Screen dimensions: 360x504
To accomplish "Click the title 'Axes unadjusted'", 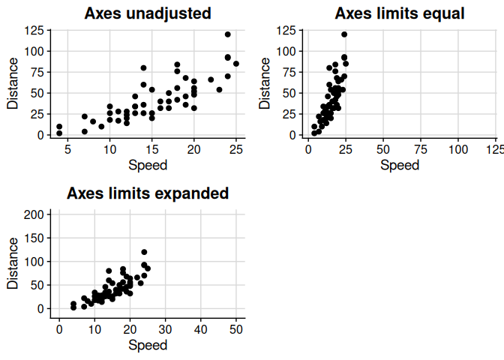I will click(x=147, y=13).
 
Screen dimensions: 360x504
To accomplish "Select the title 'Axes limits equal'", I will click(x=400, y=13).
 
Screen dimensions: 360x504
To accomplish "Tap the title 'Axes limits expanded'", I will click(x=148, y=193).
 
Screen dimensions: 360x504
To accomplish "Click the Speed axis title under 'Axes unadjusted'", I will click(x=148, y=165).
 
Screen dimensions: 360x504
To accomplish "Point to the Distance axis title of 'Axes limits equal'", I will click(x=264, y=83).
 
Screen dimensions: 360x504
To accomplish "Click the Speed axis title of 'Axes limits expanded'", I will click(x=148, y=345).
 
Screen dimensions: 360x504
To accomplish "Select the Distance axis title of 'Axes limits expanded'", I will click(x=12, y=263).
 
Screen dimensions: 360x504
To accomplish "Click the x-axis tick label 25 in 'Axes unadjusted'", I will click(x=236, y=150).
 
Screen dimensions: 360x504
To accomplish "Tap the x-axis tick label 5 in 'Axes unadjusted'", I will click(x=67, y=150).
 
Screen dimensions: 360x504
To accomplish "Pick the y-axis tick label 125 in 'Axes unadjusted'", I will click(x=33, y=31).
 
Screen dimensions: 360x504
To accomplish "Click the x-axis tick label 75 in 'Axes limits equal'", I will click(x=421, y=150).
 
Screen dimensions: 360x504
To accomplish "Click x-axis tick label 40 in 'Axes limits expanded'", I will click(x=200, y=330).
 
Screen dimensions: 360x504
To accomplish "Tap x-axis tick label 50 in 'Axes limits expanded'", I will click(x=235, y=330).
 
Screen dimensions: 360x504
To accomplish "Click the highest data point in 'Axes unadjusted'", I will click(x=228, y=34).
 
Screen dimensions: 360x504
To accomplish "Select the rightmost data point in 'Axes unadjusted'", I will click(x=236, y=64).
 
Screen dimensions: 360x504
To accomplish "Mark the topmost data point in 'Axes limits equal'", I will click(x=344, y=34).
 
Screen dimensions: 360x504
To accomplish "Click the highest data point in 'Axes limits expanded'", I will click(x=144, y=252).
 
